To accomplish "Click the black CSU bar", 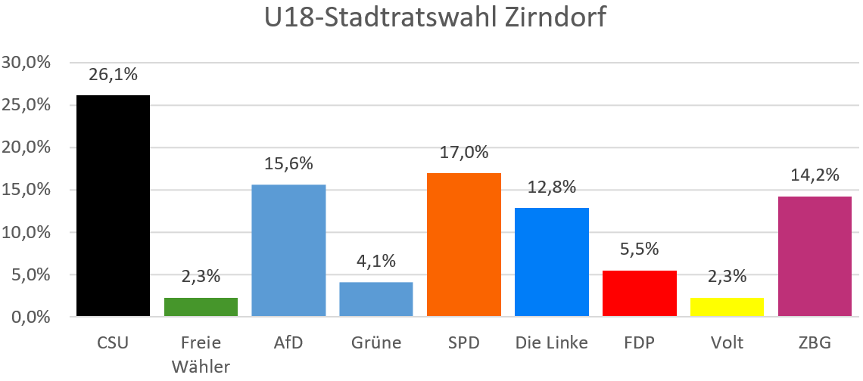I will [113, 205].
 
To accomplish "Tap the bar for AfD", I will [288, 249].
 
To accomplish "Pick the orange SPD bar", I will [464, 243].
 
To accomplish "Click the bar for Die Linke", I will [552, 262].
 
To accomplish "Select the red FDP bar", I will [640, 293].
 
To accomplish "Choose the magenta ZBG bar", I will [815, 256].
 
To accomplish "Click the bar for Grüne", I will [376, 299].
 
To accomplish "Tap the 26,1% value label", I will [113, 74].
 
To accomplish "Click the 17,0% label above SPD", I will [464, 152].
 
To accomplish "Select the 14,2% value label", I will [815, 175].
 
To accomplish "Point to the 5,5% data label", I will [640, 249].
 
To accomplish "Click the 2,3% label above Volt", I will [727, 276].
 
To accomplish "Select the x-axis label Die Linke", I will [551, 343].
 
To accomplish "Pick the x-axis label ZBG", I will [815, 343].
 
